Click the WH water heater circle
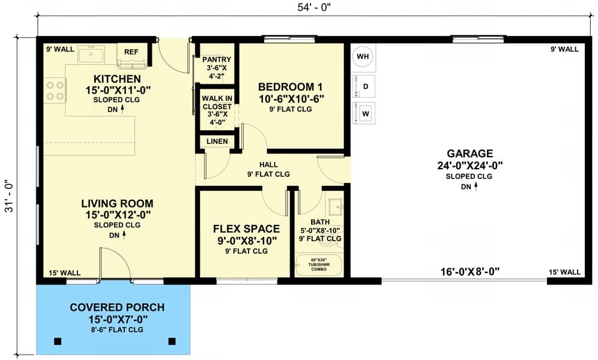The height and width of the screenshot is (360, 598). tap(363, 56)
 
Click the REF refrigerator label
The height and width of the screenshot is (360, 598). tap(131, 52)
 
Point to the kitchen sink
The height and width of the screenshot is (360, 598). tap(91, 55)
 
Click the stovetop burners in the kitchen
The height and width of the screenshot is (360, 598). tap(55, 90)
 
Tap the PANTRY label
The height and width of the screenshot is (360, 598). tap(217, 59)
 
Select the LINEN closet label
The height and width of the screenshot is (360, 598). tap(217, 142)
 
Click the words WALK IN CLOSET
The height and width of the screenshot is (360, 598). tap(217, 103)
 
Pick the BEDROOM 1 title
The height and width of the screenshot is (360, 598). tap(290, 87)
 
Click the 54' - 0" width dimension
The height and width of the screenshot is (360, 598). tap(314, 8)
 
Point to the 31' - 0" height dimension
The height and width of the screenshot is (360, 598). tap(9, 196)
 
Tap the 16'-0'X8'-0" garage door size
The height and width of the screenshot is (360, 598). tap(470, 272)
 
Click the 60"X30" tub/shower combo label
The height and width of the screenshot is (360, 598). tap(319, 265)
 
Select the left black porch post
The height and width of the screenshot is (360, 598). tap(58, 341)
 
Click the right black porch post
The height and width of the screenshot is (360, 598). tap(172, 341)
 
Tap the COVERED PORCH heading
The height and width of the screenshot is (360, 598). tap(117, 307)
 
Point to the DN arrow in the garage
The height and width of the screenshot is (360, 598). tap(476, 186)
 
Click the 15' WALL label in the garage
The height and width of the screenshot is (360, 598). tap(565, 272)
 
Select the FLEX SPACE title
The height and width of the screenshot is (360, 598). tap(246, 229)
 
